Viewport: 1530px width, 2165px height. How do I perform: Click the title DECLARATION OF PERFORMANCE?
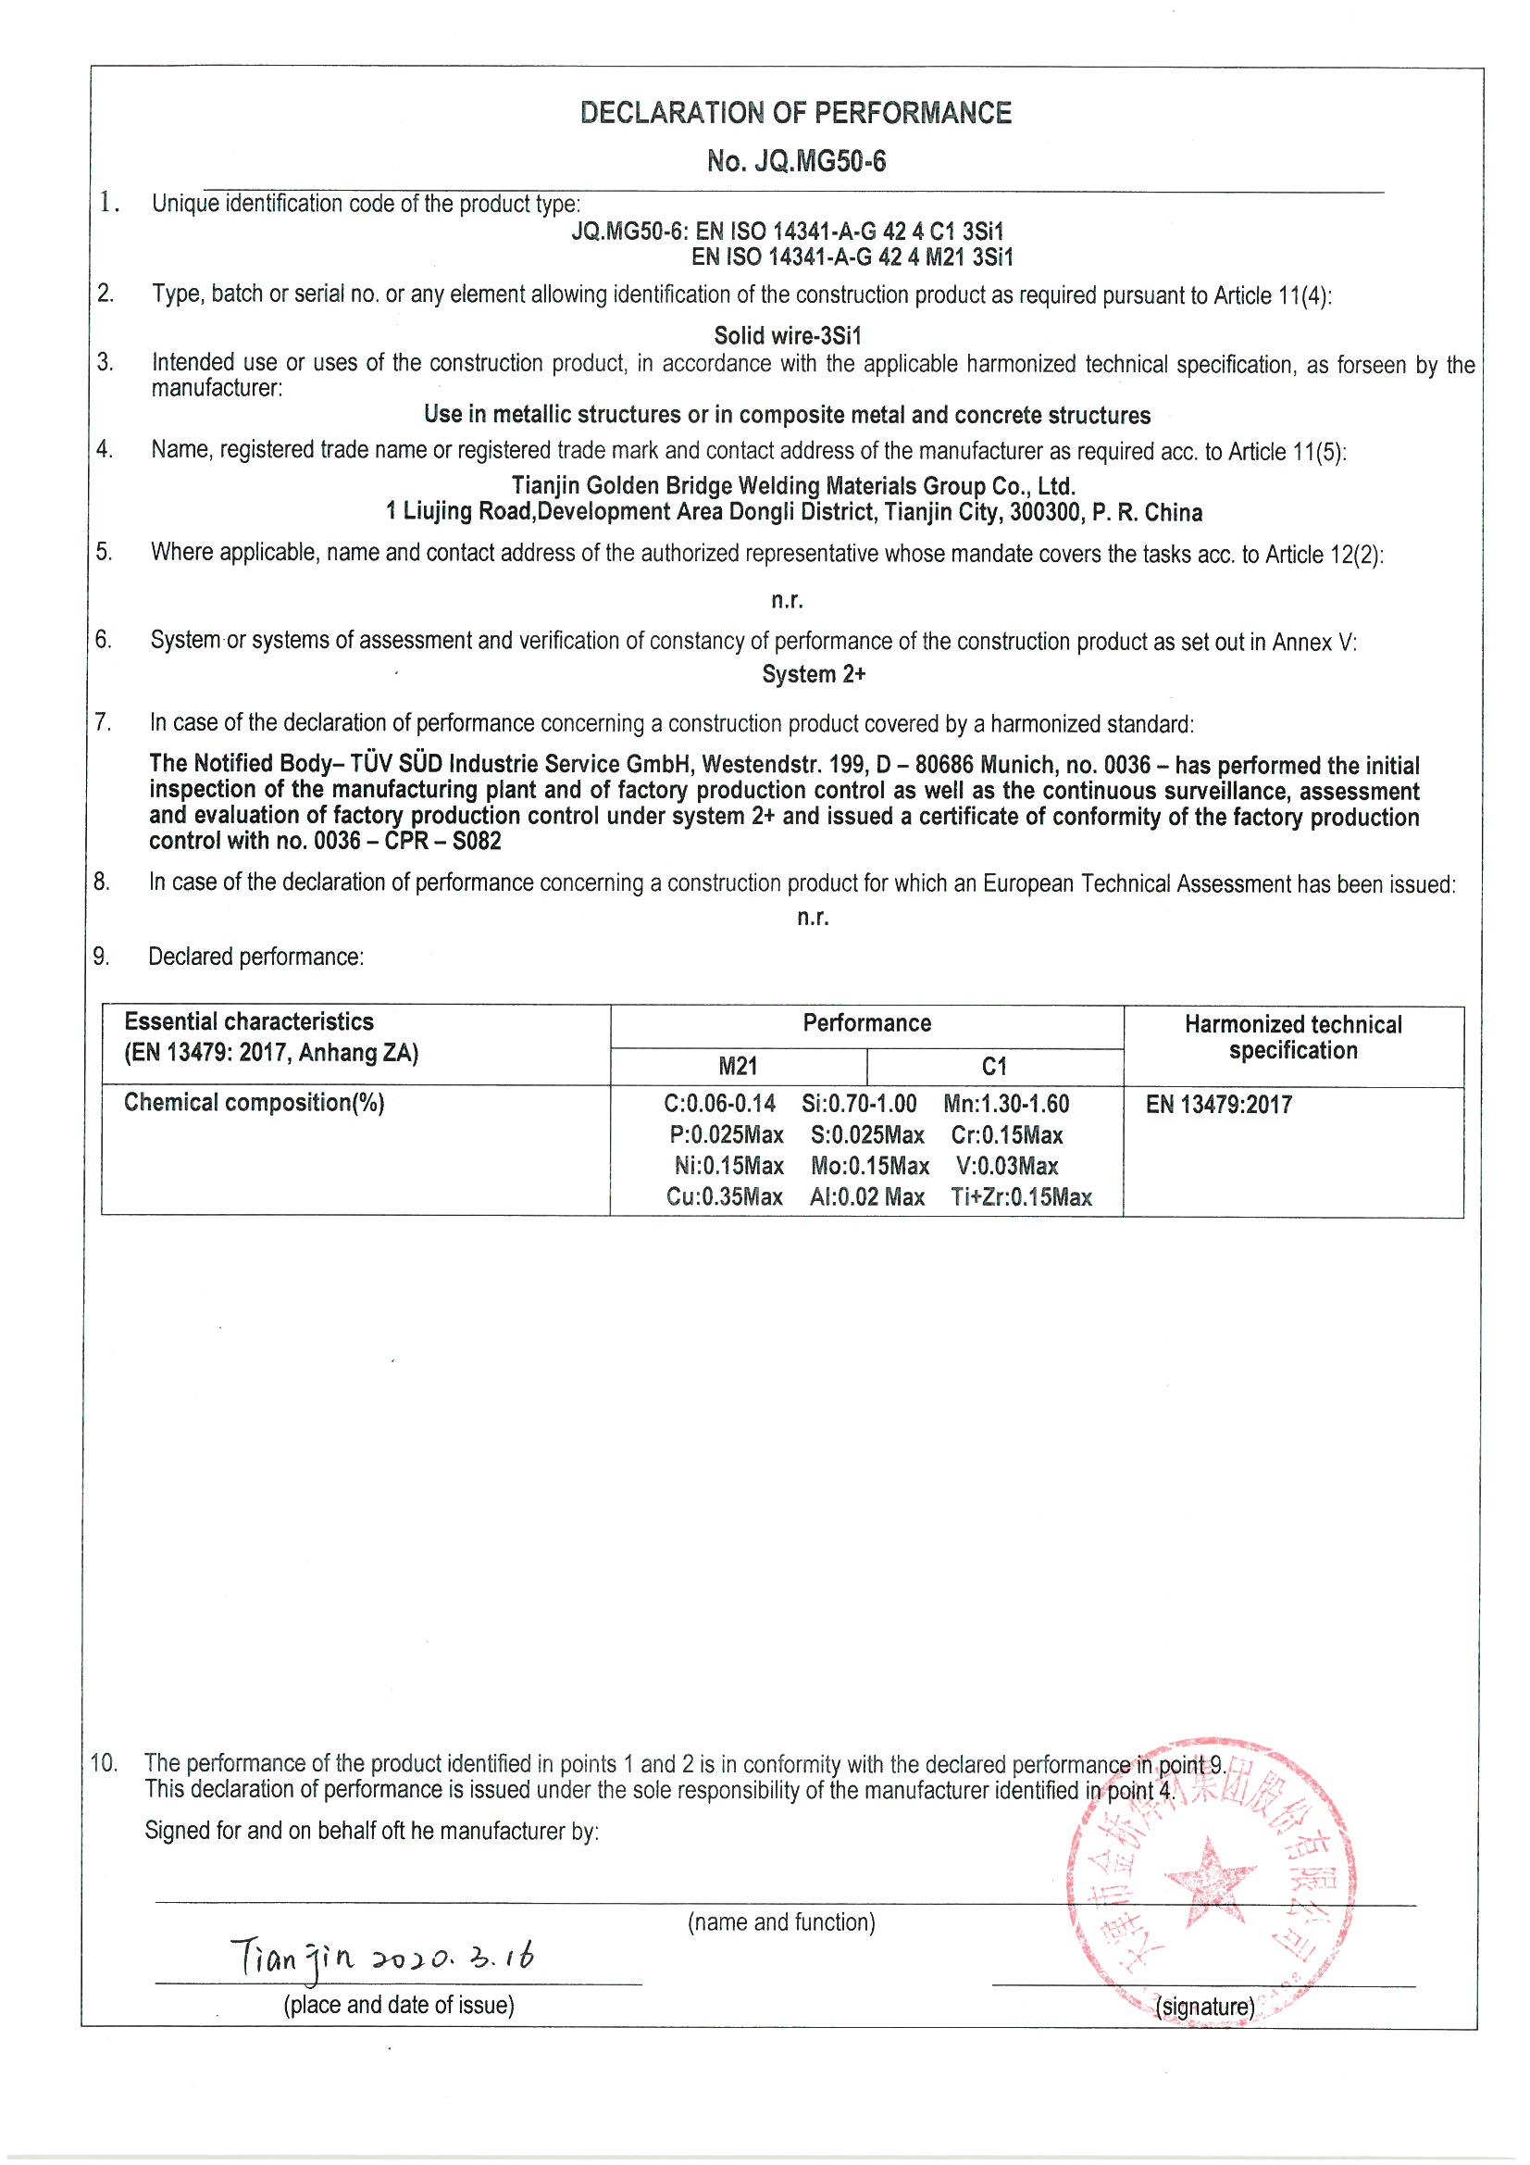coord(796,113)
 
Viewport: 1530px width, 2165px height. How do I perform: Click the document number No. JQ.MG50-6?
coord(796,161)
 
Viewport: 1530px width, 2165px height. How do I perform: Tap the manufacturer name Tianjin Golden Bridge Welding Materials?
coord(793,485)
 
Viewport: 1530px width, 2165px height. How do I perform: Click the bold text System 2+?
coord(814,674)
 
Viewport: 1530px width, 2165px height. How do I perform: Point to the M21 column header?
coord(738,1067)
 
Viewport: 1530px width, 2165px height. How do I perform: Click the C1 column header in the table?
coord(995,1067)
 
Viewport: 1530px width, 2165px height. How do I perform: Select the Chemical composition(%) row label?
coord(254,1102)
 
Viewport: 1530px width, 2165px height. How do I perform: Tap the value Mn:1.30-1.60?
coord(1006,1103)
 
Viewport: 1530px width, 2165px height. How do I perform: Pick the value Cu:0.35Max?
coord(724,1196)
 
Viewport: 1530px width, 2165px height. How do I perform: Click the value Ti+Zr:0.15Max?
coord(1021,1197)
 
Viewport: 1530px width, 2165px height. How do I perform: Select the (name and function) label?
coord(780,1921)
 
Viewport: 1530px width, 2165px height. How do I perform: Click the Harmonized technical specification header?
coord(1292,1037)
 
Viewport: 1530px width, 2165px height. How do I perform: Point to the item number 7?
coord(103,722)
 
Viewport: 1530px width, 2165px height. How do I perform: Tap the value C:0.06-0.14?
coord(719,1103)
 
